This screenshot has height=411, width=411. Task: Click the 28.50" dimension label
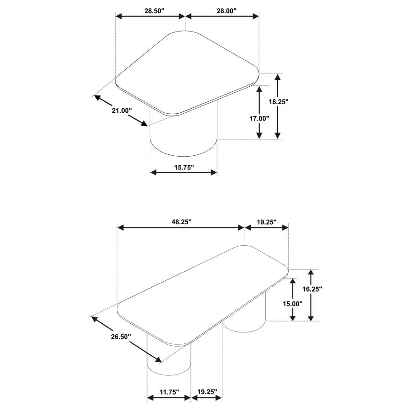(154, 11)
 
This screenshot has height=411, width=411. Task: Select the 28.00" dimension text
(227, 11)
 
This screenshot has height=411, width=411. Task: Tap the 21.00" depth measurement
(122, 111)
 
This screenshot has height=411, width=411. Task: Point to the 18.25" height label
(279, 101)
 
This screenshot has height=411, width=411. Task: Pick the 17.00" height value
(259, 118)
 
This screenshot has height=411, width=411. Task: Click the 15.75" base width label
(184, 167)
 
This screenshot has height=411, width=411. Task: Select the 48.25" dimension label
(182, 222)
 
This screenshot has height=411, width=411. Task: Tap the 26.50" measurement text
(121, 337)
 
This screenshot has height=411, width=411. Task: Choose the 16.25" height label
(312, 289)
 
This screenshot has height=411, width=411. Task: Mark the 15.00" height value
(293, 304)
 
